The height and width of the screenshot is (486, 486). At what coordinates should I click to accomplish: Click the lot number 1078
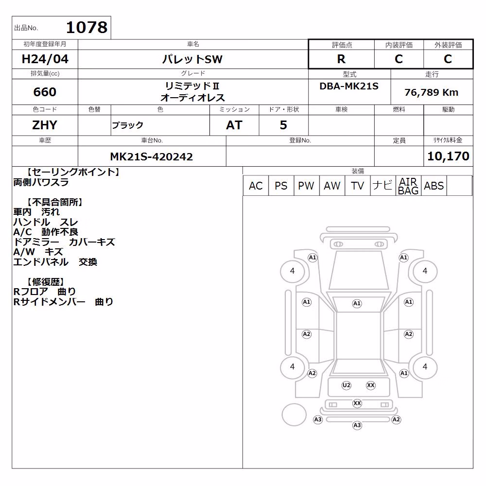pyautogui.click(x=87, y=27)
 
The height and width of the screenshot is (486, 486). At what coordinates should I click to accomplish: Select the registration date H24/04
pyautogui.click(x=45, y=59)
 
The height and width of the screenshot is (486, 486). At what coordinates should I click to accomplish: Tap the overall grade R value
pyautogui.click(x=341, y=59)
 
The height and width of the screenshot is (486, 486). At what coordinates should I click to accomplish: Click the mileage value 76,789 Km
pyautogui.click(x=432, y=92)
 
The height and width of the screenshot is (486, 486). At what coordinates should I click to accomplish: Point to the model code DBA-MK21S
pyautogui.click(x=349, y=86)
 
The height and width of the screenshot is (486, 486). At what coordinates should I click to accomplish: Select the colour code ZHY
pyautogui.click(x=45, y=125)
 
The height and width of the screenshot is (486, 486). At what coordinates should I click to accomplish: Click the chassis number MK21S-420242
pyautogui.click(x=152, y=156)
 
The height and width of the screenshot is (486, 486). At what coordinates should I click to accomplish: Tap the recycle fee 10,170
pyautogui.click(x=448, y=156)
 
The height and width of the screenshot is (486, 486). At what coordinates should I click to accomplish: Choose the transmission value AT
pyautogui.click(x=234, y=125)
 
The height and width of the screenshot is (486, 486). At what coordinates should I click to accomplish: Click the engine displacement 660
pyautogui.click(x=45, y=92)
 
